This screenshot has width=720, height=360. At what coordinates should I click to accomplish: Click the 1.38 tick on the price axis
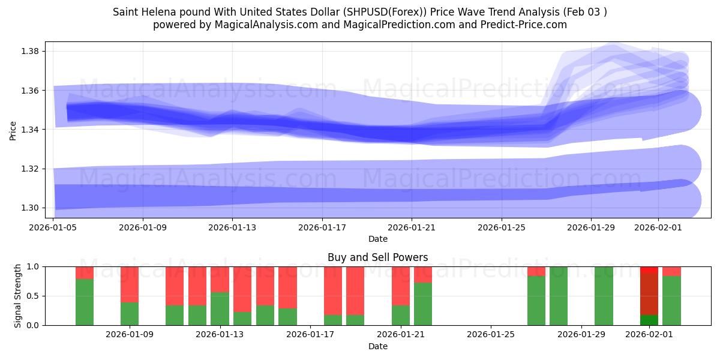click(x=30, y=51)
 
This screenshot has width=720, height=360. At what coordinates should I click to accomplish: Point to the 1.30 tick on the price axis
click(x=30, y=208)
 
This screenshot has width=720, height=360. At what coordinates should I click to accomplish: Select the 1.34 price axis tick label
click(x=30, y=130)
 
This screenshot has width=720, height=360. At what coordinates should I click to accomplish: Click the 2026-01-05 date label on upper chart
click(x=54, y=227)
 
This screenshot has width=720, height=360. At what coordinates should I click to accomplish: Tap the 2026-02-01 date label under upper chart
click(x=658, y=227)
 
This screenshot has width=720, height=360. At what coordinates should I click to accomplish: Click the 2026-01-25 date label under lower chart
click(x=491, y=335)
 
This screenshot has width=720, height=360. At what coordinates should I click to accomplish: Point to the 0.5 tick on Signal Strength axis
click(x=32, y=296)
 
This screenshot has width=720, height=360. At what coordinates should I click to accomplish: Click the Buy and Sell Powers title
click(x=377, y=257)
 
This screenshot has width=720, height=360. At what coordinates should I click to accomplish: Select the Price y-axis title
click(x=13, y=130)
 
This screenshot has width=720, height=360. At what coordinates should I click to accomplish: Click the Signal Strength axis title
click(x=18, y=296)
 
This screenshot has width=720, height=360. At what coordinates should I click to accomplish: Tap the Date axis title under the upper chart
click(x=377, y=239)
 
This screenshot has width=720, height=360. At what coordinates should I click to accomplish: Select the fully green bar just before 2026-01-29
click(x=559, y=296)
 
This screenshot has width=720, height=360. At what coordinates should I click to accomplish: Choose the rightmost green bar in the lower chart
click(x=671, y=300)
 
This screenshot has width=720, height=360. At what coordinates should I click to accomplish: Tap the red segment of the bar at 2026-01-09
click(x=130, y=284)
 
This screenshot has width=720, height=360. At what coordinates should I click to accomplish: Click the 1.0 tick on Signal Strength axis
click(x=32, y=266)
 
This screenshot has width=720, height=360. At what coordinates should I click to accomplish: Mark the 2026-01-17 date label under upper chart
click(x=322, y=227)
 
